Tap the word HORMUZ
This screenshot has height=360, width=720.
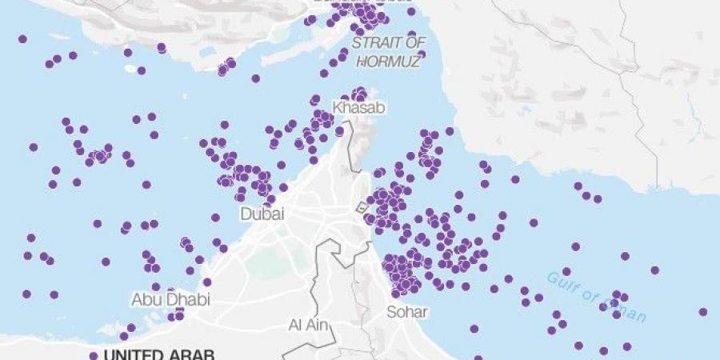tap(389, 61)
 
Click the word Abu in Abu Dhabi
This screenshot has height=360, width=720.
tap(145, 299)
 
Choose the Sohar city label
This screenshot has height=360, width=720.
tap(407, 311)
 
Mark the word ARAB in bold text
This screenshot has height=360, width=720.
tap(194, 355)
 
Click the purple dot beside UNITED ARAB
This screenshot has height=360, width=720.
tap(94, 356)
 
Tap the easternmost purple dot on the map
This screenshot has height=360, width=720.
tap(702, 312)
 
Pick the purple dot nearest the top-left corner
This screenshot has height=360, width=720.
tap(22, 38)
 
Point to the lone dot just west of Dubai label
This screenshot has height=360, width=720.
tap(216, 218)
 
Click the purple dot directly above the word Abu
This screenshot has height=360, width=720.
tap(155, 286)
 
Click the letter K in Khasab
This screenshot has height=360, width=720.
tap(338, 107)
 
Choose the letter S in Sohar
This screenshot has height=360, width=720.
tap(391, 311)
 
